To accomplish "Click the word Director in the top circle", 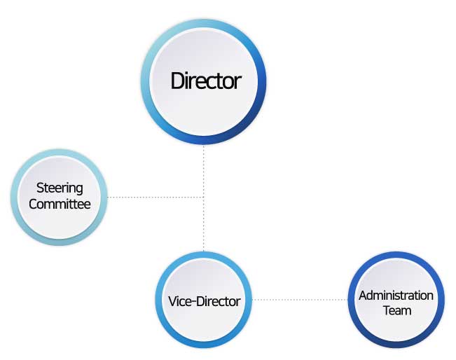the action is click(x=206, y=81).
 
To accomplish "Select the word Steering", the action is click(x=60, y=188).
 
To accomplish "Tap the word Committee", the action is click(x=60, y=204).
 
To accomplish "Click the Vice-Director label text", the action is click(x=204, y=301).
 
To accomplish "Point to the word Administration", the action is click(x=396, y=296).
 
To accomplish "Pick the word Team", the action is click(x=397, y=310).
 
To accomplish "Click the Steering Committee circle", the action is click(x=60, y=197).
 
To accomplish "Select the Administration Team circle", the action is click(x=396, y=300).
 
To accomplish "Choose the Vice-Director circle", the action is click(x=204, y=300).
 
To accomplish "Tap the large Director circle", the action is click(x=204, y=82).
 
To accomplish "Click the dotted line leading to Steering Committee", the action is click(x=156, y=198).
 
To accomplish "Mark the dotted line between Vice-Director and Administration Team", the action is click(x=300, y=300).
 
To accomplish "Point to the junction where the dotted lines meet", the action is click(x=204, y=198).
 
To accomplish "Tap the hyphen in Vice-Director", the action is click(x=193, y=302).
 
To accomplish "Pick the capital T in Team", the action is click(x=387, y=310).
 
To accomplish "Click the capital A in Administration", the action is click(x=364, y=296).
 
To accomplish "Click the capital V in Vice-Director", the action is click(x=173, y=301).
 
